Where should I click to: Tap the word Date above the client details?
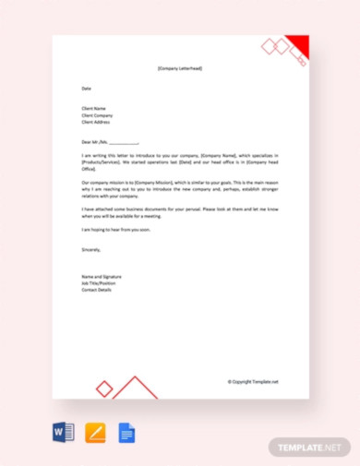pyautogui.click(x=87, y=89)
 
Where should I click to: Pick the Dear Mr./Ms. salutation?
pyautogui.click(x=110, y=142)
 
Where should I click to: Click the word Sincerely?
pyautogui.click(x=92, y=248)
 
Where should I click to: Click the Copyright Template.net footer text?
pyautogui.click(x=252, y=381)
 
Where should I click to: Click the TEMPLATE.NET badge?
pyautogui.click(x=308, y=448)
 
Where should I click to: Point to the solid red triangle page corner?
pyautogui.click(x=300, y=43)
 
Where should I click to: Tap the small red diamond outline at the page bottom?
pyautogui.click(x=104, y=389)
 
